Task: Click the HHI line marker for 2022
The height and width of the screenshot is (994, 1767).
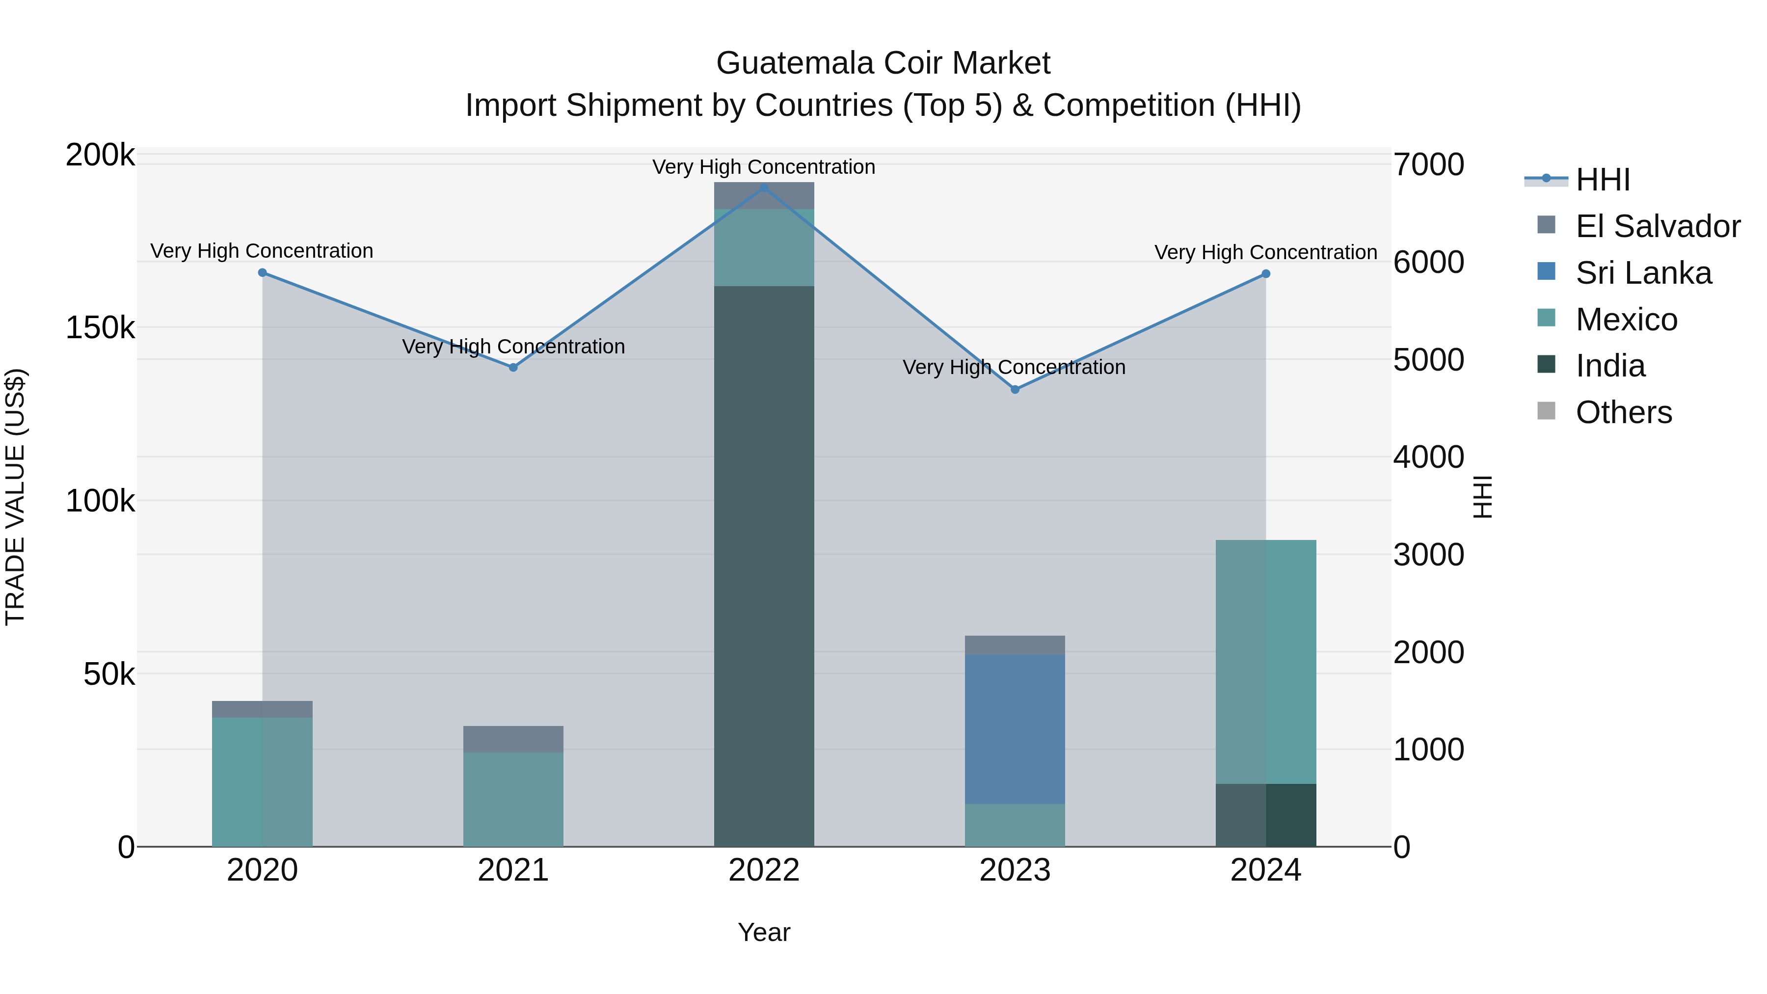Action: coord(764,188)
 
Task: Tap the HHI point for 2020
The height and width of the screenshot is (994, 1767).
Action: coord(262,272)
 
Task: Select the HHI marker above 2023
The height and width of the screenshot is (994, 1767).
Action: coord(1015,390)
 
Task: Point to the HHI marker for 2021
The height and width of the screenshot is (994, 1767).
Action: coord(513,367)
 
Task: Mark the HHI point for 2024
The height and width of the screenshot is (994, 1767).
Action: coord(1266,274)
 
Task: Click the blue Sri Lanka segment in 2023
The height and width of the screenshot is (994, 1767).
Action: coord(1015,728)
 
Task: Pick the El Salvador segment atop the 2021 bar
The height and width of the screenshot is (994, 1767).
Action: coord(513,739)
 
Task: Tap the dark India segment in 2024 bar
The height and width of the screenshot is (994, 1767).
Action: coord(1266,815)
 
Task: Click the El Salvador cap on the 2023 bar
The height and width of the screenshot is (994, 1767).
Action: coord(1015,645)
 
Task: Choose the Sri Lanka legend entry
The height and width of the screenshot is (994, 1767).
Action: coord(1643,273)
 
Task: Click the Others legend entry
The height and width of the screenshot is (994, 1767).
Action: coord(1624,412)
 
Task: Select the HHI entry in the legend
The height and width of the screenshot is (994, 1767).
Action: coord(1603,180)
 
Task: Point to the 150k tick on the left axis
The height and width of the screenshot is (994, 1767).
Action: coord(100,328)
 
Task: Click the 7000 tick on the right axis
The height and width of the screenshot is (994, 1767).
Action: coord(1429,164)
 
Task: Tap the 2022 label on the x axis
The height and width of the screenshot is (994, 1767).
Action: coord(764,870)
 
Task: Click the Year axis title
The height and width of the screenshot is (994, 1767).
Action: coord(764,932)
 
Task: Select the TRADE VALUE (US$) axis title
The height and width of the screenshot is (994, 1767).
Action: coord(15,497)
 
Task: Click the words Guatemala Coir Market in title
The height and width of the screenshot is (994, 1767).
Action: coord(883,63)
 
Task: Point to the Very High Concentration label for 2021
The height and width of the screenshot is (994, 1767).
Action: coord(513,347)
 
